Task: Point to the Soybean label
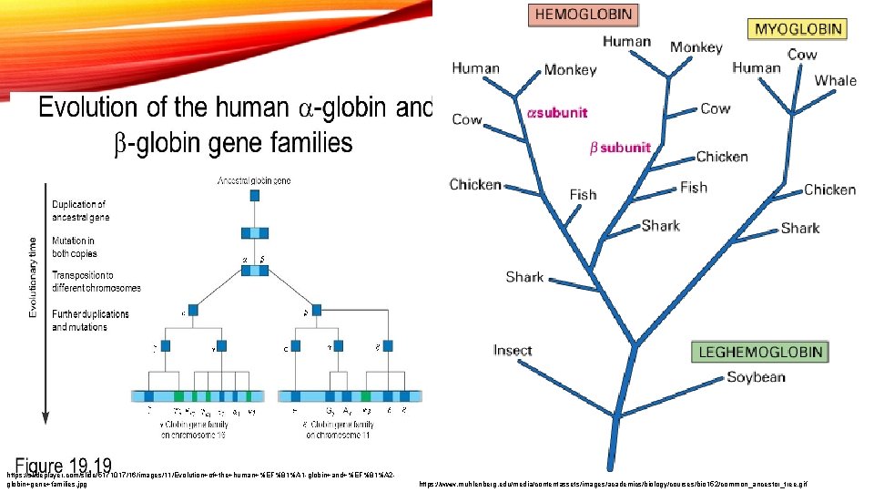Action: click(756, 376)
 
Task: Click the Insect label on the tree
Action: click(513, 351)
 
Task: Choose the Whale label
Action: click(835, 80)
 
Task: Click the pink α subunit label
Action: click(558, 113)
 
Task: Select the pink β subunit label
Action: click(619, 148)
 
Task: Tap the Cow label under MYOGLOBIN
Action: click(802, 55)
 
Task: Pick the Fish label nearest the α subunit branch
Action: click(583, 194)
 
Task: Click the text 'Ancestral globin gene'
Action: click(254, 181)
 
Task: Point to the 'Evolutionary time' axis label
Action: click(34, 272)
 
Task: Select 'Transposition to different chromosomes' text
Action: click(96, 282)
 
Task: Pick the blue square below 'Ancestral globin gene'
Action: click(254, 195)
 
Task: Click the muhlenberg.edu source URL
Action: click(613, 485)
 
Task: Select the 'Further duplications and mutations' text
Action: click(90, 320)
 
